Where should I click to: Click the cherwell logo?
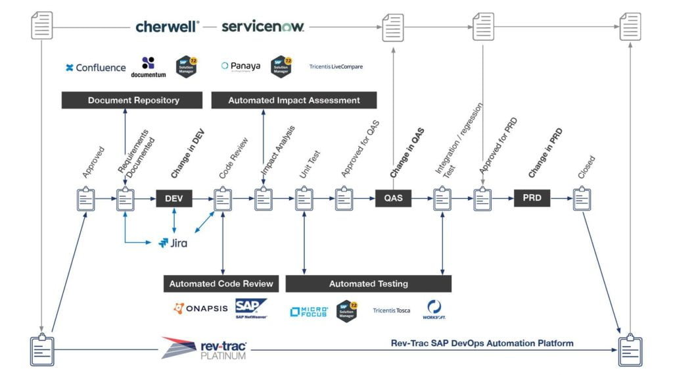pos(168,26)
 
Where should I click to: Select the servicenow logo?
pos(262,26)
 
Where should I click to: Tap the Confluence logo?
pos(95,67)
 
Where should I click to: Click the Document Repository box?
pos(133,100)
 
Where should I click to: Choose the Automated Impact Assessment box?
pos(294,100)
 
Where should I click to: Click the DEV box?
pos(174,198)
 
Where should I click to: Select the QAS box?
pos(393,198)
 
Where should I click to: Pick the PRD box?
pos(532,198)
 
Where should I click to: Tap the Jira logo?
pos(173,243)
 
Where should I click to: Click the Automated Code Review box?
pos(221,284)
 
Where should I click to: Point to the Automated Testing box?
pos(368,284)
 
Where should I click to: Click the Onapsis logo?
pos(200,308)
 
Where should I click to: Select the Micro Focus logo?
pos(309,311)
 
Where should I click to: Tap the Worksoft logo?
pos(434,309)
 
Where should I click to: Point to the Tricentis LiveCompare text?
pos(336,66)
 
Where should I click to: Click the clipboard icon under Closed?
pos(582,199)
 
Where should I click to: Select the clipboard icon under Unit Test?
pos(304,199)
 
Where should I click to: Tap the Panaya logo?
pos(241,66)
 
